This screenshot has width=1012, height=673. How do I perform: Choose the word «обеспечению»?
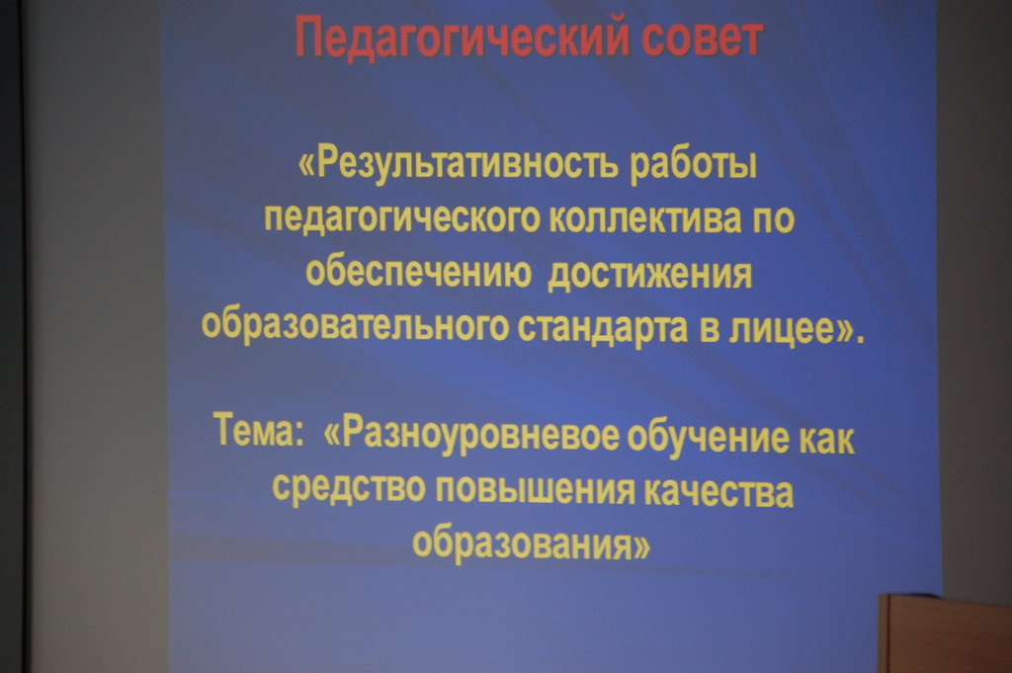click(418, 273)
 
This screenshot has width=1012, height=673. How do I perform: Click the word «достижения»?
click(649, 274)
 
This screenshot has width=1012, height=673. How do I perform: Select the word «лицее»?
click(781, 329)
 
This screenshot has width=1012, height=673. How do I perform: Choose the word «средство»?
click(349, 487)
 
